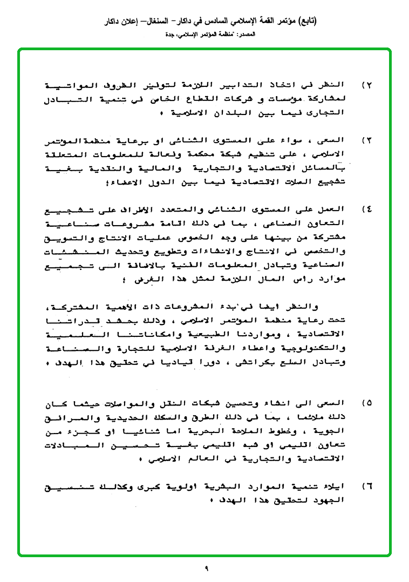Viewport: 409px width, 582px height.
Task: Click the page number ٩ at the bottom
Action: pos(206,567)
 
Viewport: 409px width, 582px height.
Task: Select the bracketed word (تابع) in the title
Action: pos(306,21)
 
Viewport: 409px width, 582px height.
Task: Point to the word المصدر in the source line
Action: pos(246,34)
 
